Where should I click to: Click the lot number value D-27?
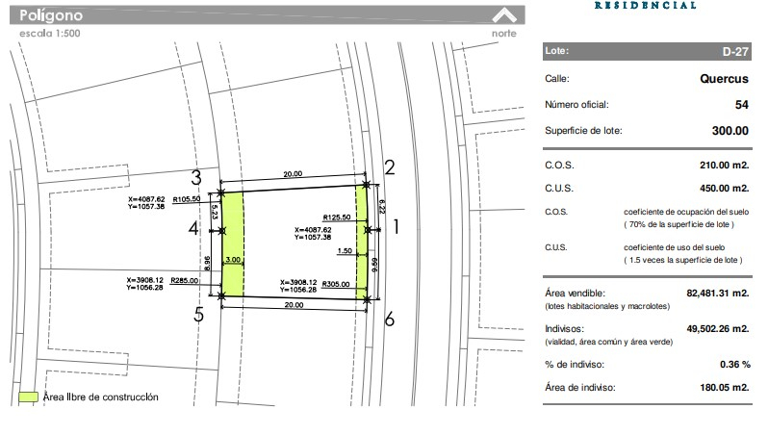click(x=735, y=51)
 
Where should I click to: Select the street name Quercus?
click(x=724, y=79)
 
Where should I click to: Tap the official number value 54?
click(x=742, y=105)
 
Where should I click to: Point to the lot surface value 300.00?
click(x=730, y=131)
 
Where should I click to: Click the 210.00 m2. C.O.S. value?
click(x=725, y=166)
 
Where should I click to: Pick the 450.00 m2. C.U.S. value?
click(x=725, y=189)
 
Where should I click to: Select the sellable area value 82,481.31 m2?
click(x=718, y=294)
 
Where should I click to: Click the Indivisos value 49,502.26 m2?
click(x=718, y=329)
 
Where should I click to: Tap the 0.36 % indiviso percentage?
click(x=734, y=365)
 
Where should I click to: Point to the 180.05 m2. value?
click(x=725, y=388)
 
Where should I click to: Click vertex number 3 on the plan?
click(x=196, y=177)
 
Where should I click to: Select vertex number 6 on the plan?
click(x=390, y=320)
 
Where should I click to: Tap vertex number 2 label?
click(x=390, y=167)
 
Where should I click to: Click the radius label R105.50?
click(x=187, y=199)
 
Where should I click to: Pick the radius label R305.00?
click(x=336, y=284)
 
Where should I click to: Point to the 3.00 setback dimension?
click(x=233, y=260)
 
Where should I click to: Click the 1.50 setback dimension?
click(x=345, y=251)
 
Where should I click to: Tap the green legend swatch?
click(x=29, y=397)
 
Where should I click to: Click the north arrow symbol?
click(x=504, y=15)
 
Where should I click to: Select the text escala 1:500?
click(x=50, y=34)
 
